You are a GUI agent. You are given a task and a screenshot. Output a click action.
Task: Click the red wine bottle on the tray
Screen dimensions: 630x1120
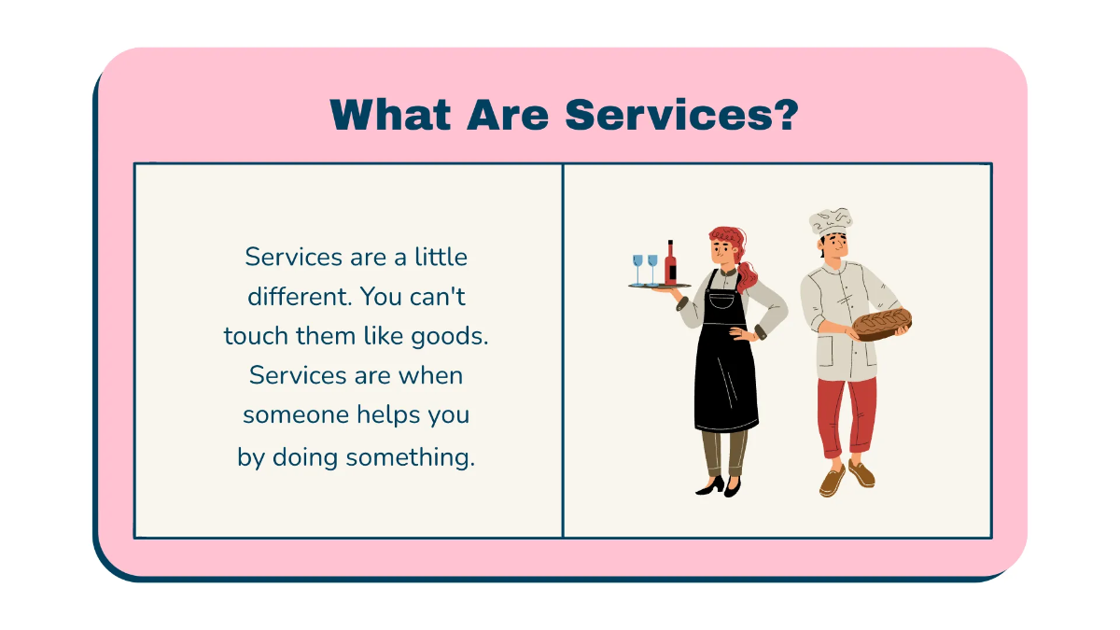(x=670, y=263)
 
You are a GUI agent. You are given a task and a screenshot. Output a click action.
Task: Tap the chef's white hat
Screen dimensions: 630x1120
(x=830, y=222)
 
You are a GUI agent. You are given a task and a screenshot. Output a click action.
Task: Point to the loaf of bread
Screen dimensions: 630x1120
(x=881, y=323)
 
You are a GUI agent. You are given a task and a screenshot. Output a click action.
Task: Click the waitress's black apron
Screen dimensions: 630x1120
(x=724, y=373)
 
